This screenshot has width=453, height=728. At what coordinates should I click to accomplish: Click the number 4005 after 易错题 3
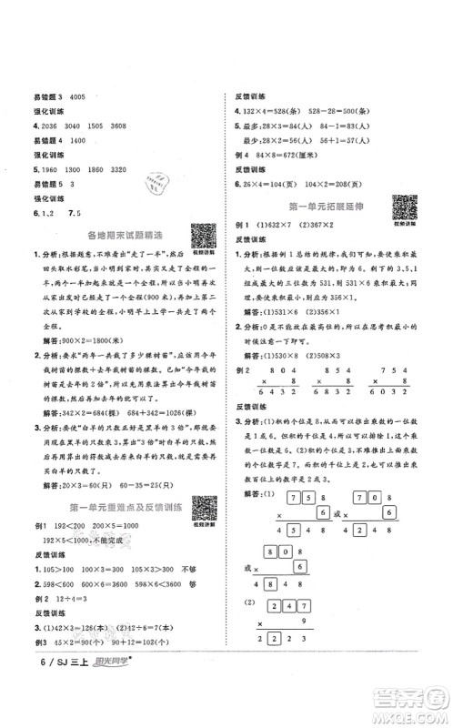click(82, 98)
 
